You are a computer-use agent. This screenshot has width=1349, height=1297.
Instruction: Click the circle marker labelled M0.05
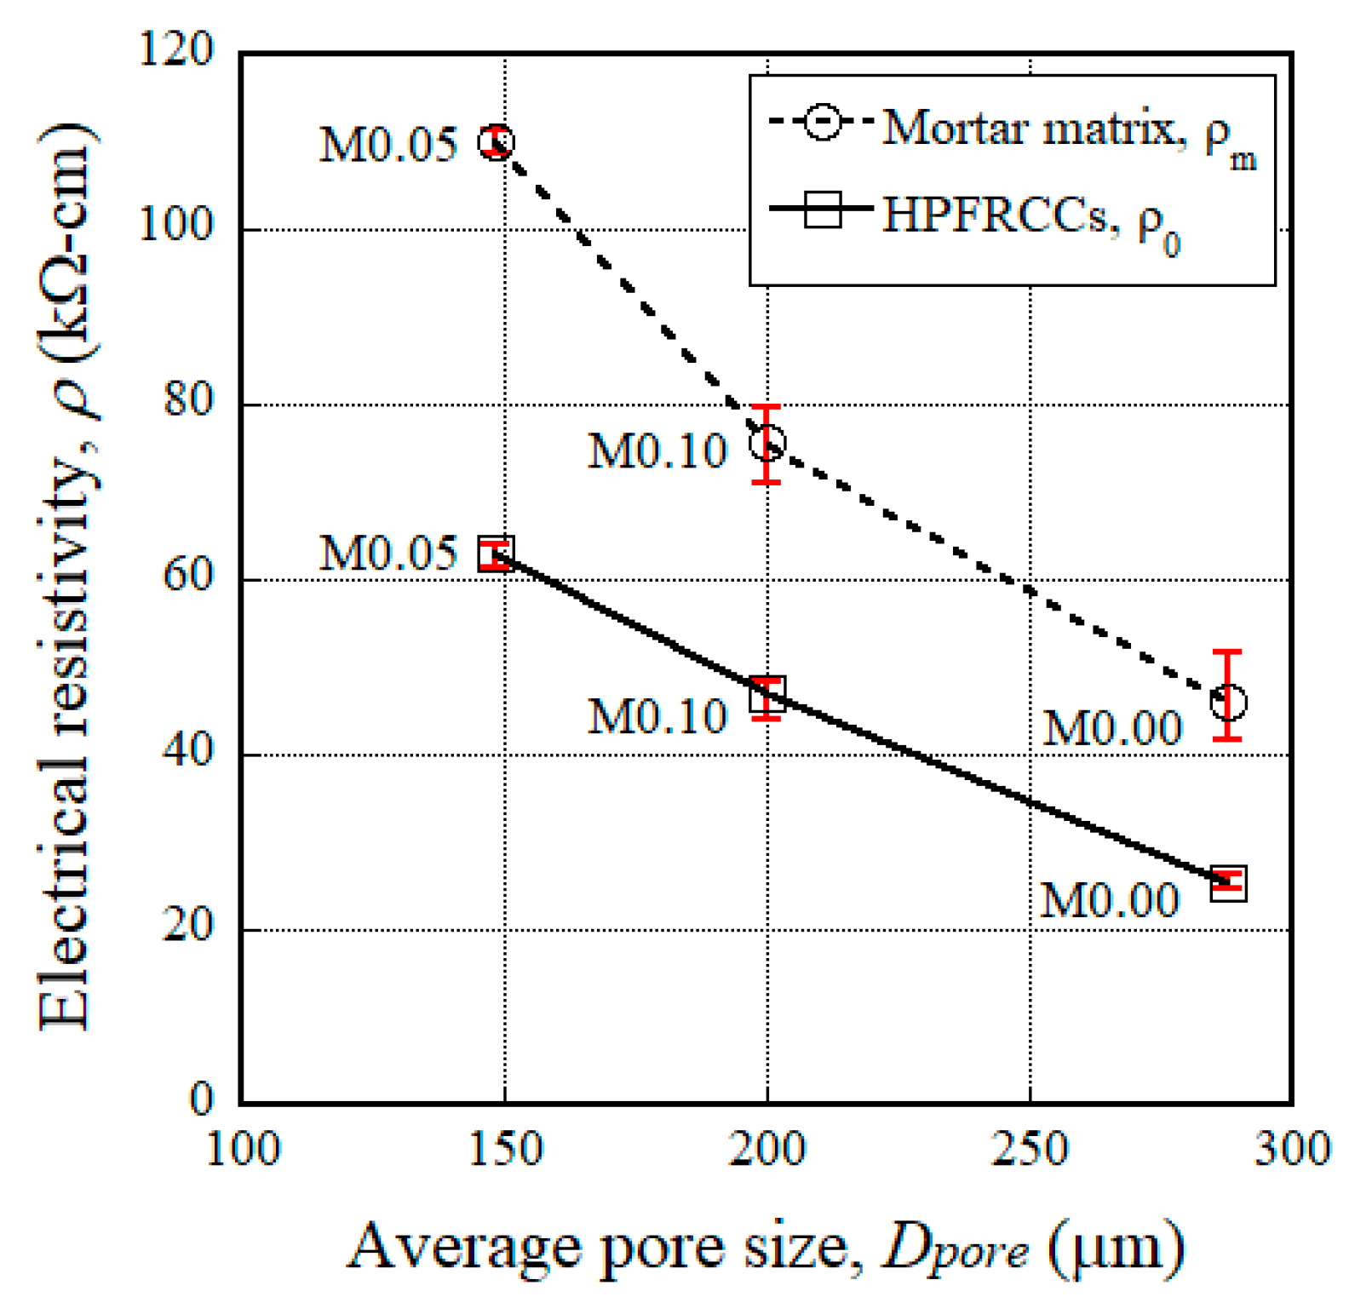pos(496,142)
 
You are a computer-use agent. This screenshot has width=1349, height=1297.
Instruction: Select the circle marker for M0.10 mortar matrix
pos(767,443)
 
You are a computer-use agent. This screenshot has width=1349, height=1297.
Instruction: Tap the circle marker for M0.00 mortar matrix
pos(1228,703)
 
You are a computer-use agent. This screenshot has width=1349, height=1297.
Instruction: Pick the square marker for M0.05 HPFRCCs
pos(496,554)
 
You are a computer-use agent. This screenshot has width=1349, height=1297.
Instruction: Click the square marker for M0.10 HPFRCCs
pos(767,695)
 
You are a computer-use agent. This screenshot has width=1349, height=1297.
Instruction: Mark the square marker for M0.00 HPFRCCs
pos(1228,882)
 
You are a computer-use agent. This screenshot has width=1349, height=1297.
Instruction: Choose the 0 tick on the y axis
pos(201,1099)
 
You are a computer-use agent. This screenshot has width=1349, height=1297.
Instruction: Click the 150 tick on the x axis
pos(506,1150)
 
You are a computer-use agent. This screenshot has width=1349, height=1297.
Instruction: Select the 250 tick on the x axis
pos(1030,1150)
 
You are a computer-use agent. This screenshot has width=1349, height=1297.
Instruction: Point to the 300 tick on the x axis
pos(1292,1150)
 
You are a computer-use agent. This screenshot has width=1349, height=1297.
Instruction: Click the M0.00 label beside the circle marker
pos(1112,729)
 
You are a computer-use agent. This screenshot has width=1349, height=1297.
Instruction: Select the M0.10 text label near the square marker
pos(657,716)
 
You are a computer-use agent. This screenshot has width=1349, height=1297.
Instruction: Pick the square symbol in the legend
pos(823,209)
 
